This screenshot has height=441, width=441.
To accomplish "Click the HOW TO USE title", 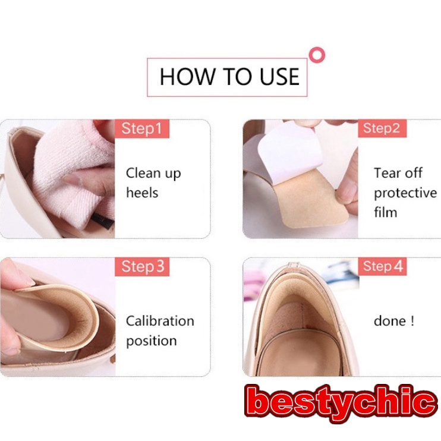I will tap(229, 77).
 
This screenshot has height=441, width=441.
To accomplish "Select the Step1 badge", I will tap(141, 128).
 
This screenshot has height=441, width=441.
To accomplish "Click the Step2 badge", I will tap(382, 128).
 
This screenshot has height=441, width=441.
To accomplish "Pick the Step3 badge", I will tap(142, 267).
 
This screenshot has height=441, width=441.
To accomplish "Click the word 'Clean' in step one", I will tap(143, 174).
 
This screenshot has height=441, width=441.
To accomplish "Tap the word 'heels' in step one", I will tap(142, 193).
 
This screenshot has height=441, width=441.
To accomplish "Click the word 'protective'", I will tap(405, 193).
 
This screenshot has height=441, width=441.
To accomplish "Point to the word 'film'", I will tap(385, 212).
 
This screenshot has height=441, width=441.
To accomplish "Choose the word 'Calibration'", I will tap(160, 321).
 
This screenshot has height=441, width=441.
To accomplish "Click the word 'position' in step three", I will tap(151, 341).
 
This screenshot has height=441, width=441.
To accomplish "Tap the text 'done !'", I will tap(394, 321).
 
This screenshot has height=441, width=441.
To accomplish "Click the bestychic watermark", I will tap(341, 403).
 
